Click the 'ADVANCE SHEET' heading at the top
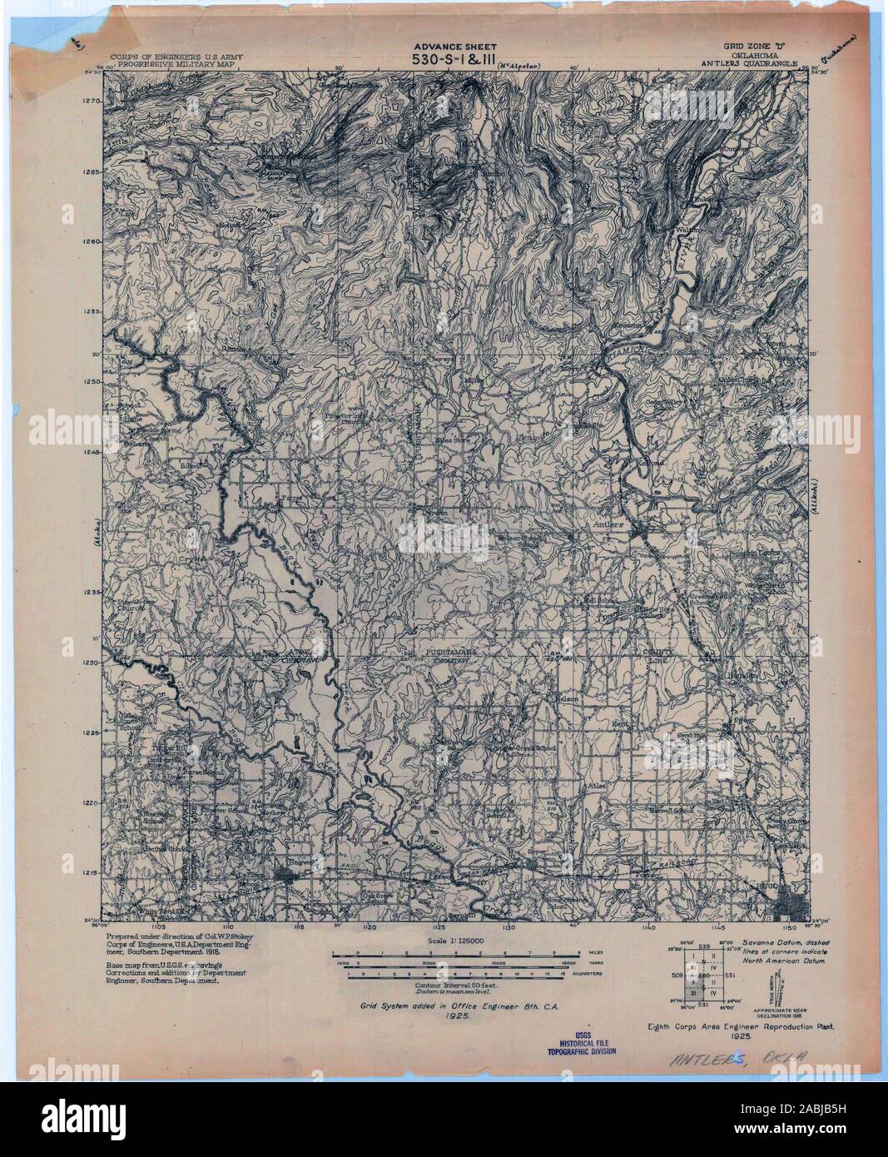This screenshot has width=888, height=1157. click(455, 47)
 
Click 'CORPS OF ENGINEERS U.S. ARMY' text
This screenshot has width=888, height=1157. click(178, 50)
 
